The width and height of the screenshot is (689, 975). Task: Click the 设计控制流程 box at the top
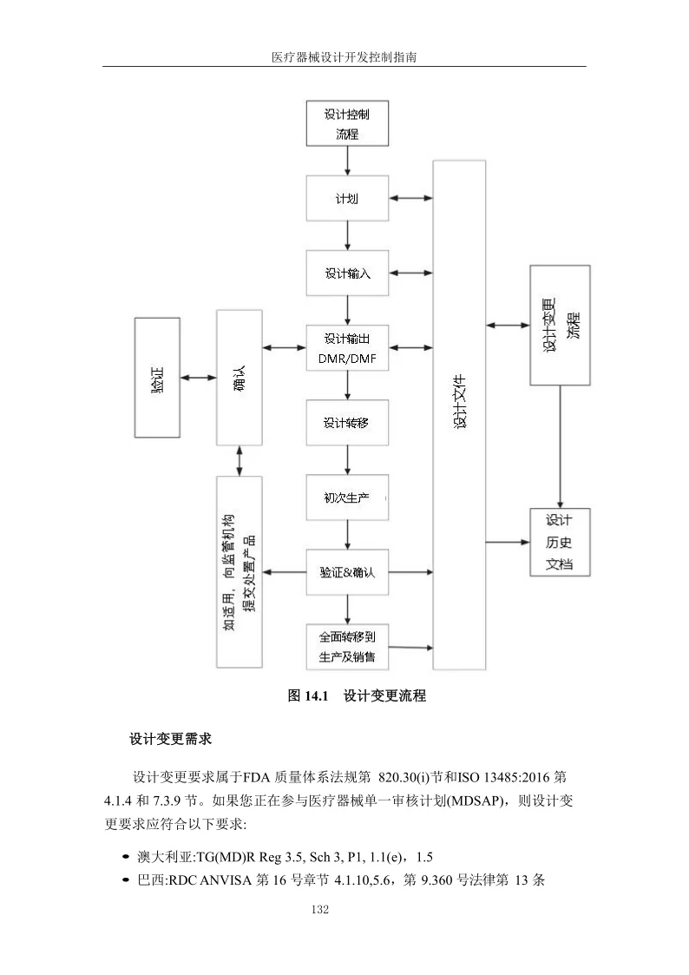click(x=347, y=123)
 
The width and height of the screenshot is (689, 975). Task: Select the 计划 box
click(x=347, y=199)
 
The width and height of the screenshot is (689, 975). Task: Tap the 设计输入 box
click(x=347, y=273)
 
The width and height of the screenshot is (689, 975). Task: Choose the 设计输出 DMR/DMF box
click(x=347, y=347)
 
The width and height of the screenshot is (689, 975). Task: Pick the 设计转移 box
click(x=347, y=423)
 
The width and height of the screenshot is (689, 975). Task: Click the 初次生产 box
click(x=347, y=497)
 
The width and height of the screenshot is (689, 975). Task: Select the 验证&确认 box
click(x=347, y=572)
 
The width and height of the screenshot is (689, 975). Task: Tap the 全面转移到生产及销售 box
click(x=347, y=647)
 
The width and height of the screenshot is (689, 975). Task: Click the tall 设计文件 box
click(x=459, y=415)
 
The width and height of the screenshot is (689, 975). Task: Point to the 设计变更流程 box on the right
click(x=560, y=325)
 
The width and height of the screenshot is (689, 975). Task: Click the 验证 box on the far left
click(x=157, y=378)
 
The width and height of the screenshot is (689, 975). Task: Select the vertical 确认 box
click(x=240, y=378)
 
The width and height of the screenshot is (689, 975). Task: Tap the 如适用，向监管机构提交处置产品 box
click(x=240, y=571)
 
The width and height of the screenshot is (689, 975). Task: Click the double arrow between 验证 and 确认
click(x=198, y=378)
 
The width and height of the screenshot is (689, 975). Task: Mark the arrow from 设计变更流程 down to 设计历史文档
click(x=560, y=446)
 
